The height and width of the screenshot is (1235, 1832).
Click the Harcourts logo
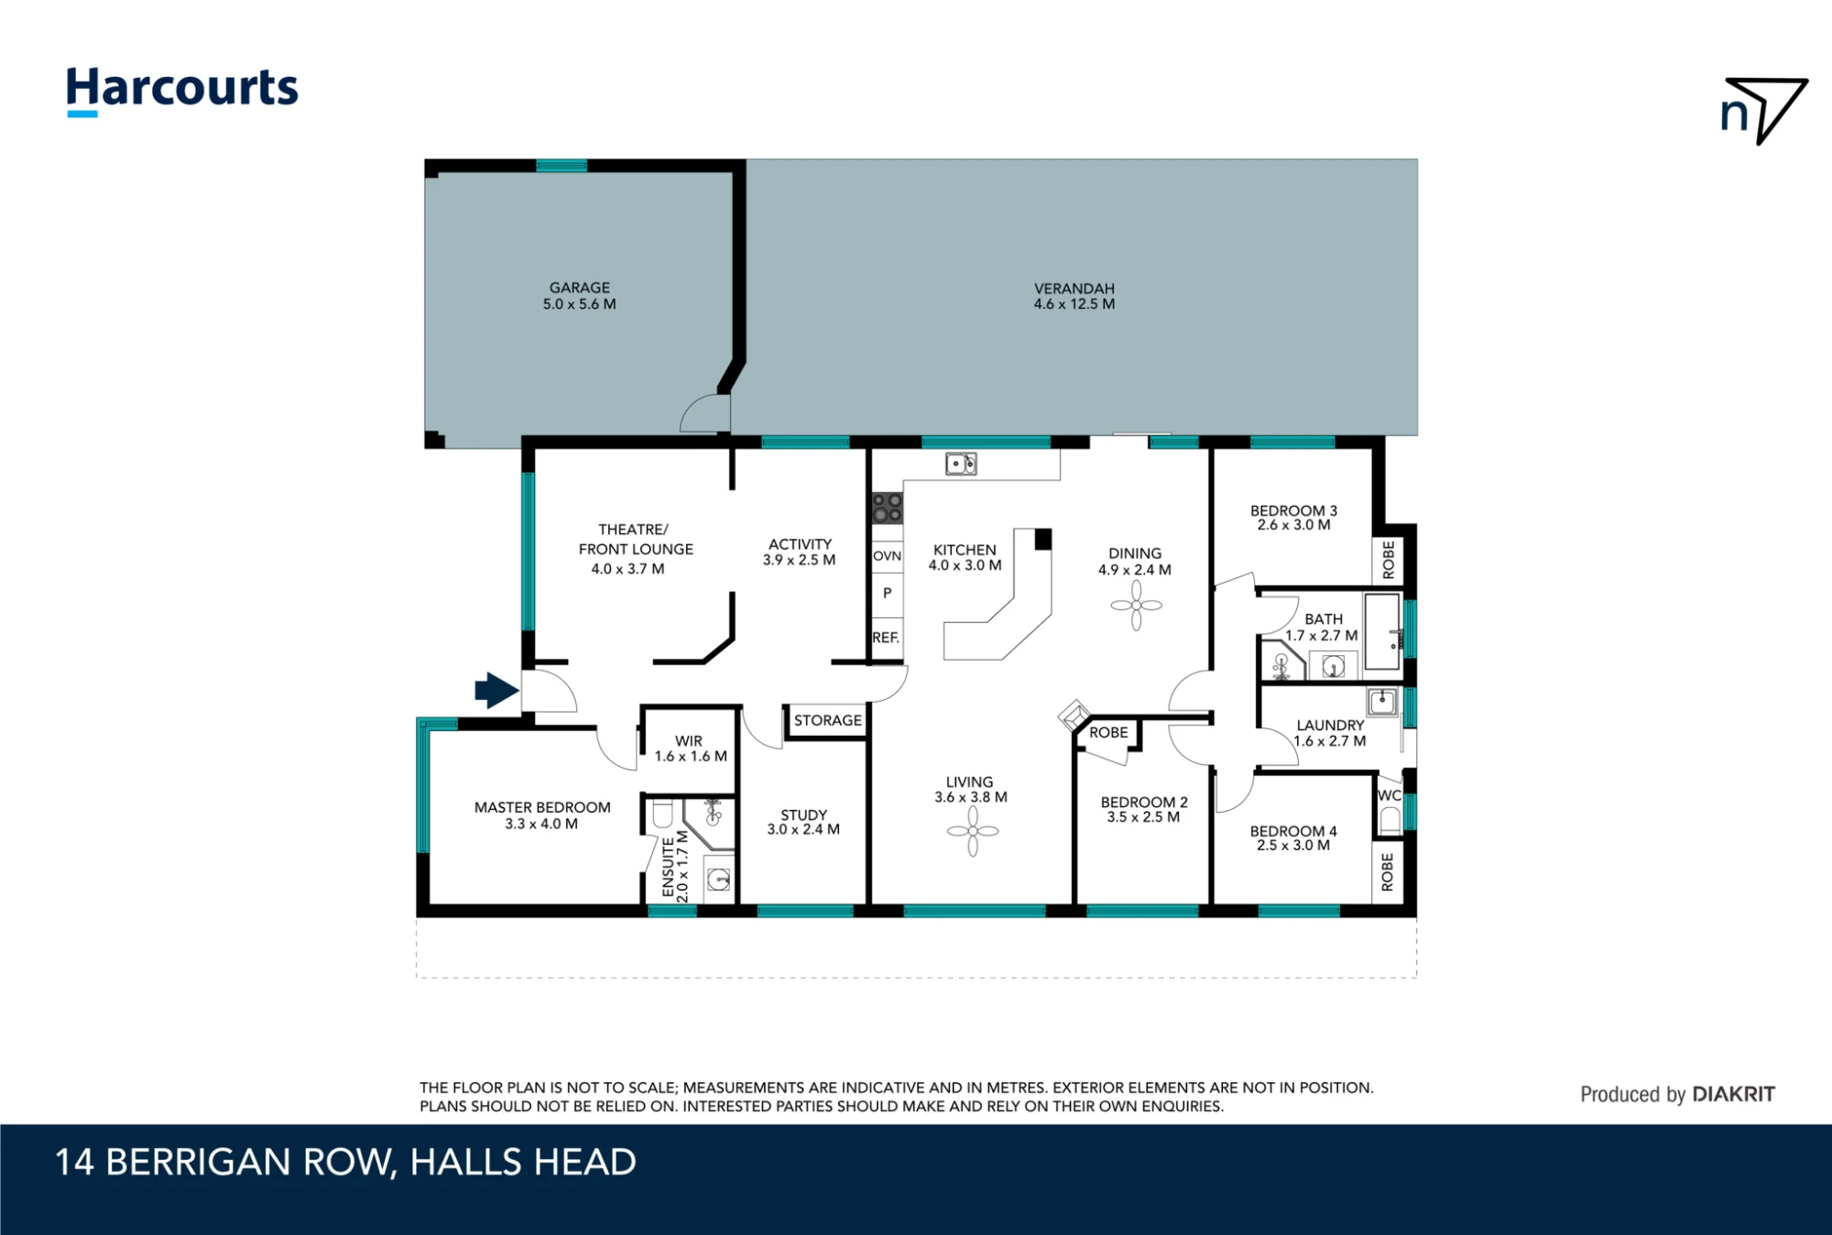click(182, 91)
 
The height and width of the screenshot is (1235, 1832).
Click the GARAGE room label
click(580, 288)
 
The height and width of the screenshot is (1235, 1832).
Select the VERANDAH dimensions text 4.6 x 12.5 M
click(1074, 304)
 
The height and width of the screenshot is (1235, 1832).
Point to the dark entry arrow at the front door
click(497, 690)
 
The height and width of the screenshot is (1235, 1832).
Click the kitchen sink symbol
click(961, 464)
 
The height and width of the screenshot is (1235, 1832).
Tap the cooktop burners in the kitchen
click(887, 508)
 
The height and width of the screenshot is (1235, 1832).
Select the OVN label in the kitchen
click(887, 556)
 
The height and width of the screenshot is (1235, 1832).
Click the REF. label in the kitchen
click(886, 638)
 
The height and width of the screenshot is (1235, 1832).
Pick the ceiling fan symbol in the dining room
click(1136, 606)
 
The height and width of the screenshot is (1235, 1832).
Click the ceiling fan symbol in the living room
click(973, 831)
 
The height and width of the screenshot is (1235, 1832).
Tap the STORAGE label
click(828, 721)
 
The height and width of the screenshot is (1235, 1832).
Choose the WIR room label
click(689, 741)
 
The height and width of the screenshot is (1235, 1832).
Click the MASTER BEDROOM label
click(542, 807)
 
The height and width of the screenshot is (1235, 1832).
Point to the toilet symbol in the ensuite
click(662, 813)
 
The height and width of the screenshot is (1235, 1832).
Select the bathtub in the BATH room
click(1382, 632)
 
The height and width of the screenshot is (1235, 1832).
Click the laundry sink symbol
click(1382, 703)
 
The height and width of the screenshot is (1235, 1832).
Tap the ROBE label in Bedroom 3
click(1389, 559)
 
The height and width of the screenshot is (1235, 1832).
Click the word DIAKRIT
click(1734, 1094)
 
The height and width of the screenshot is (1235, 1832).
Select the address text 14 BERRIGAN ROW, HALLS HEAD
click(345, 1163)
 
